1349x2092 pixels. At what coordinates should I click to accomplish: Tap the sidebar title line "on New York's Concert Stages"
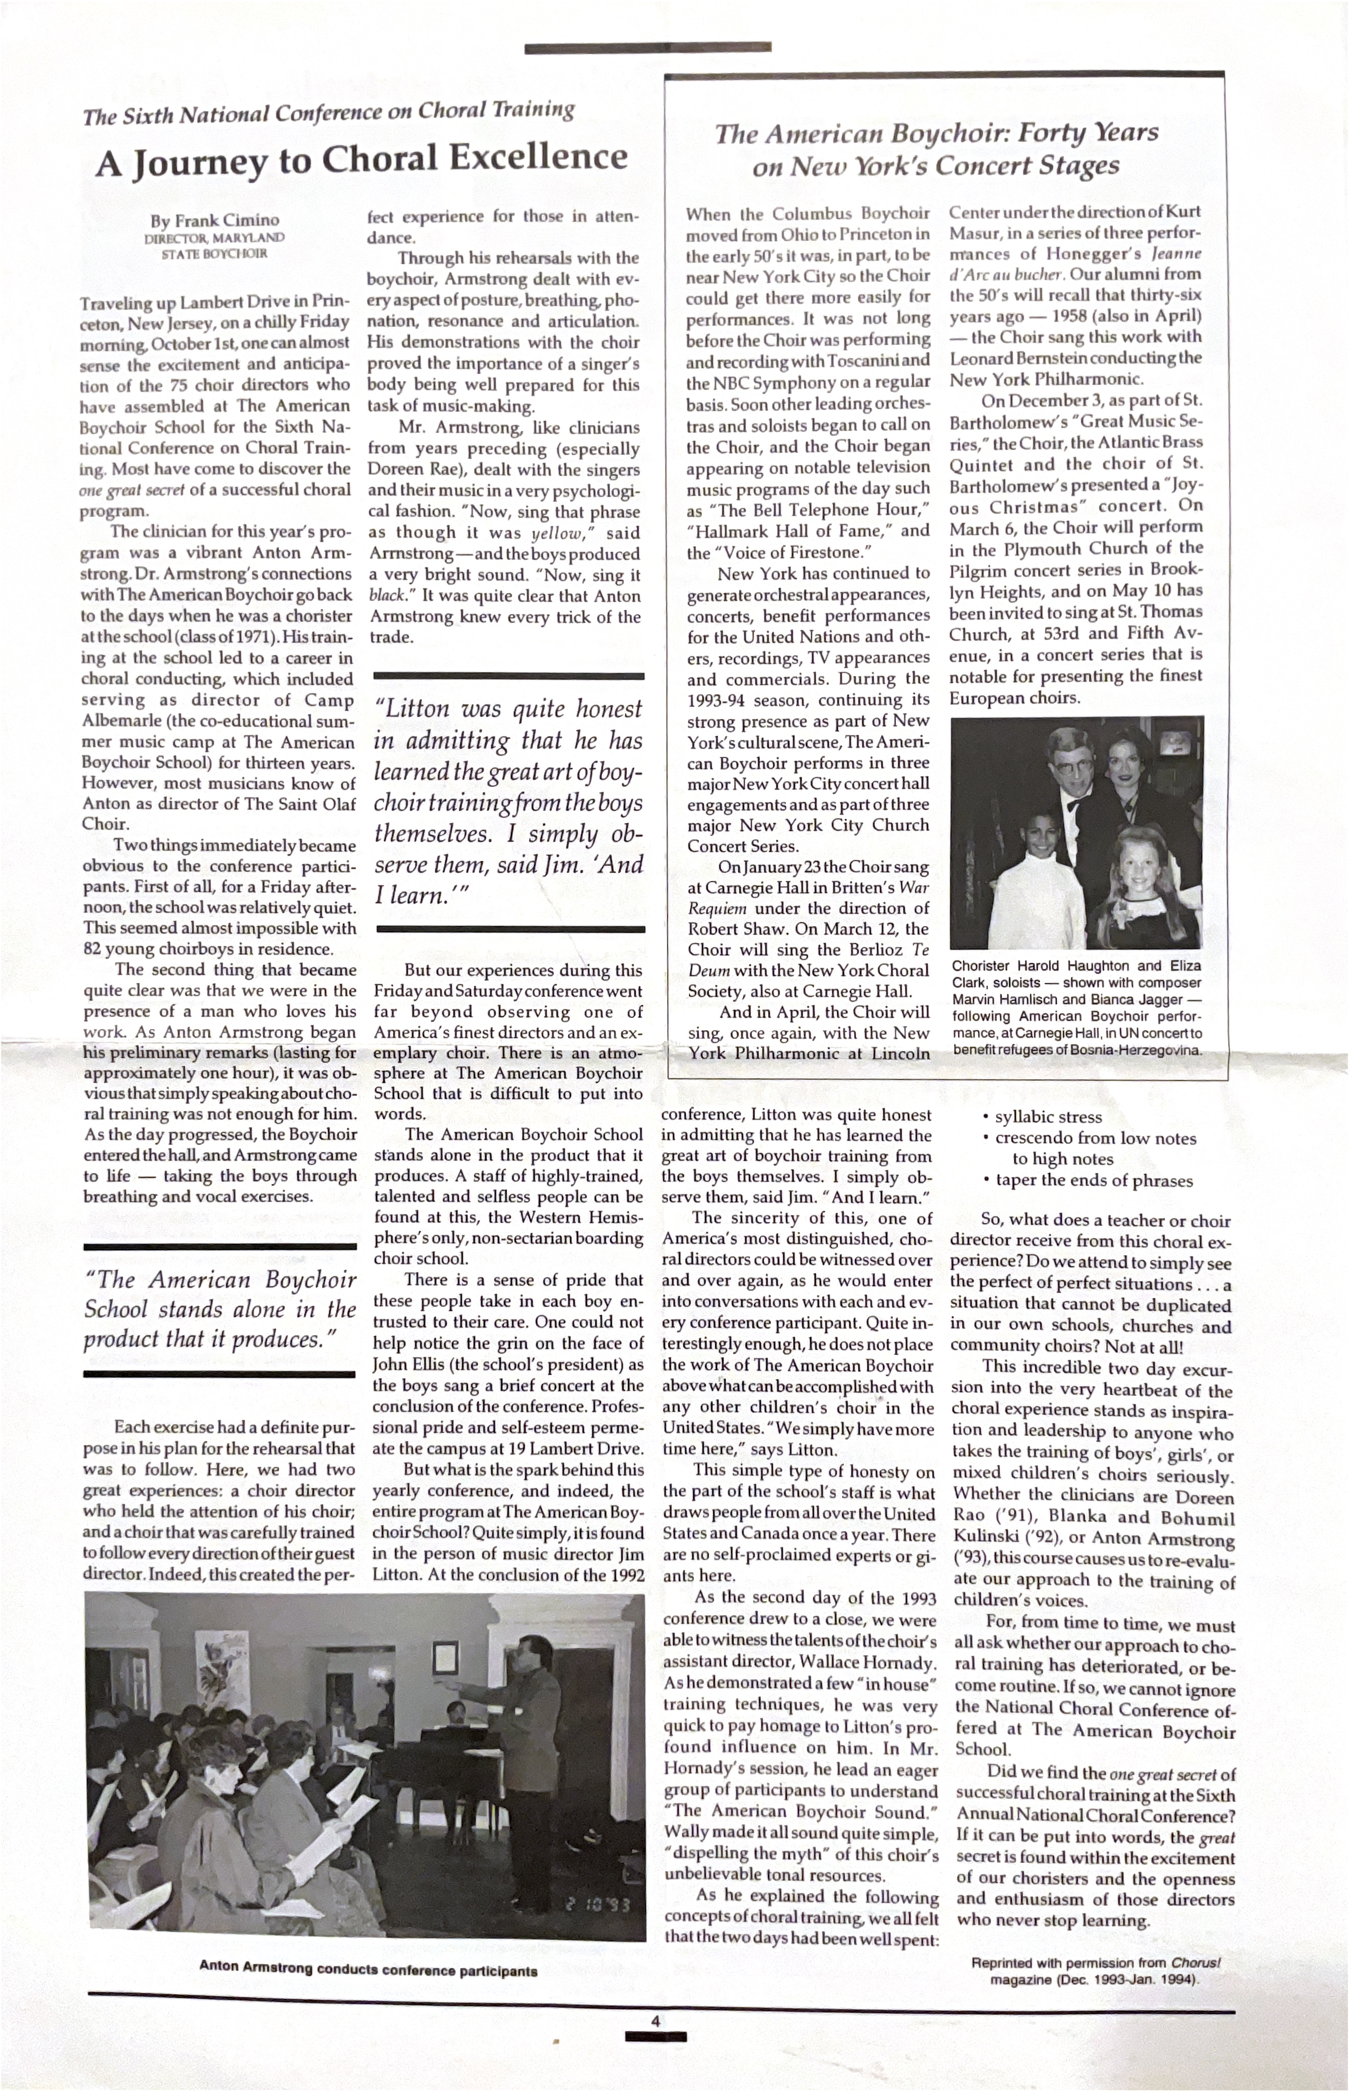click(936, 166)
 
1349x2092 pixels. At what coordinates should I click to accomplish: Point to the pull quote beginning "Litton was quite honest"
click(508, 802)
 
